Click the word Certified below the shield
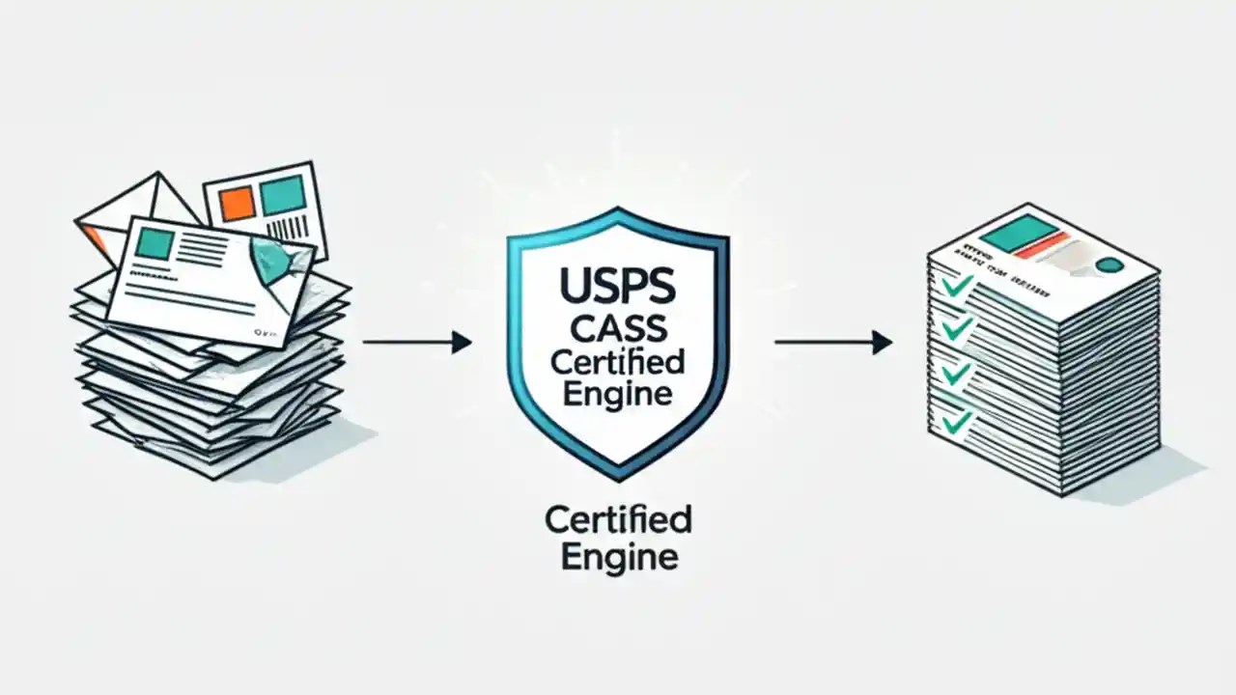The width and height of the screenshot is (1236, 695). point(618,520)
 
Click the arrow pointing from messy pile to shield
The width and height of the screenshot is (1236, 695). point(416,342)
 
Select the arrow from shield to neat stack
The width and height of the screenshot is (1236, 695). point(832,342)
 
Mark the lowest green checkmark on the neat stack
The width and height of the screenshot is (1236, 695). point(957,421)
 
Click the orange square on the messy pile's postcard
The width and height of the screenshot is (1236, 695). point(236,202)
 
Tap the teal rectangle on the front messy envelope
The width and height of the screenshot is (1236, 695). point(154,242)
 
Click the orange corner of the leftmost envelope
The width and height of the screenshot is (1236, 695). point(93,236)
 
